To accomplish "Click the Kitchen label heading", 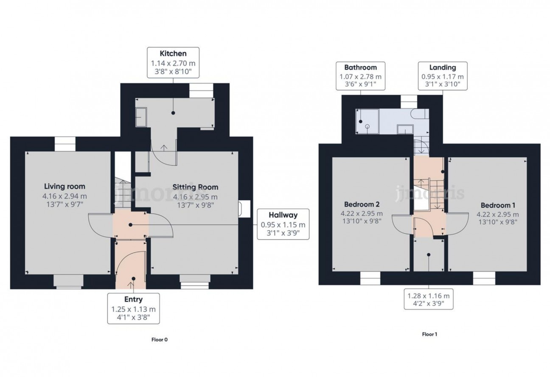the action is (x=173, y=53).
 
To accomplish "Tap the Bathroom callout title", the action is (x=360, y=67).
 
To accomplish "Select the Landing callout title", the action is (x=443, y=67).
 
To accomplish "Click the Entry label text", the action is (x=133, y=299).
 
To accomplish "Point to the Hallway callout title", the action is (x=283, y=215).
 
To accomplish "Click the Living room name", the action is (x=65, y=187).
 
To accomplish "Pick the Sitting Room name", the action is (x=195, y=187).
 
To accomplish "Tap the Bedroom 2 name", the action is (x=362, y=204).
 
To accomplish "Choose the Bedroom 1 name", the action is (x=498, y=205).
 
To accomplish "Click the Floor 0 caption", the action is (x=160, y=340).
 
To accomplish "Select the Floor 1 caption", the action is (x=429, y=334).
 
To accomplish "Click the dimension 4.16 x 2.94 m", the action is (x=65, y=196).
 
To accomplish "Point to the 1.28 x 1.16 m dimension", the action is (x=429, y=296).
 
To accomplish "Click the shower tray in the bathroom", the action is (x=368, y=122).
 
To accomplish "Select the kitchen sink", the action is (x=141, y=117).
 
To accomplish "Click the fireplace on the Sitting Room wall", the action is (x=244, y=209).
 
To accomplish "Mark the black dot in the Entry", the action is (x=134, y=278).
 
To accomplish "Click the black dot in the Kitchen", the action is (x=173, y=113).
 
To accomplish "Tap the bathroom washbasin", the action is (x=405, y=129).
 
